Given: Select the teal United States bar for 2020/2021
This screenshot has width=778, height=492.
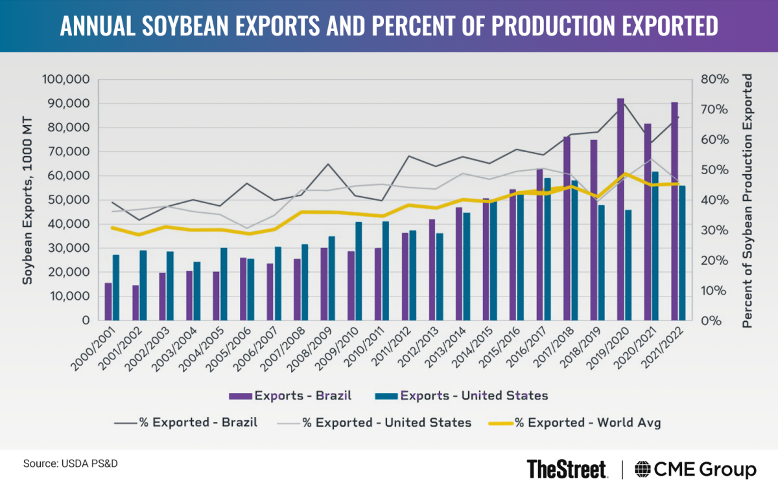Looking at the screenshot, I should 655,246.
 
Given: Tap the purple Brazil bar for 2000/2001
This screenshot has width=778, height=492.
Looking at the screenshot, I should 108,302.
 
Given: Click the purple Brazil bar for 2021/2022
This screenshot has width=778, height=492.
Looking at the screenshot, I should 674,211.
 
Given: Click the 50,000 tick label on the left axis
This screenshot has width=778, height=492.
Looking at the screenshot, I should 68,200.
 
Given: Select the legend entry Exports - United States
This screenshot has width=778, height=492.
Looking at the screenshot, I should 463,395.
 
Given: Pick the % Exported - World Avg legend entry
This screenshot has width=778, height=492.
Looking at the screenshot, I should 578,423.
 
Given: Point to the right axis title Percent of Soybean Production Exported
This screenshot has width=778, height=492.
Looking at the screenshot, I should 748,200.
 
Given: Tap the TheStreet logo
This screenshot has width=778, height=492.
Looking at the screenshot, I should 567,469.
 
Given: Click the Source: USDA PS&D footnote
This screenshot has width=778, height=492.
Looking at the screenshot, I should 71,464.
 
